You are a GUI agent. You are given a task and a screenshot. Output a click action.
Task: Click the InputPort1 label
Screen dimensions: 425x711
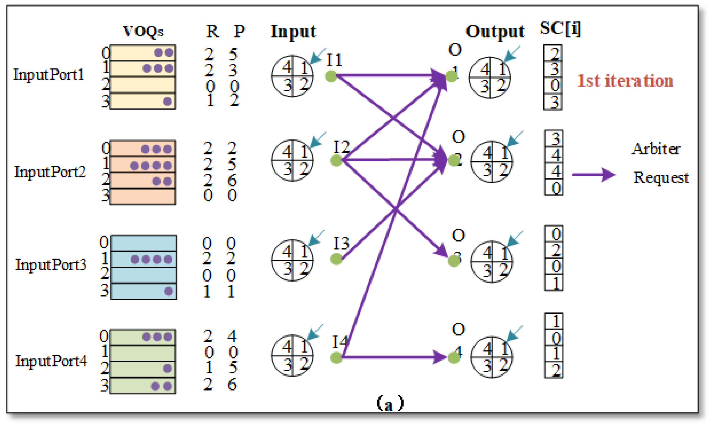click(49, 75)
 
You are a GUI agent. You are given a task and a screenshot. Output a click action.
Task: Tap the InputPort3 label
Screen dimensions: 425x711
click(51, 265)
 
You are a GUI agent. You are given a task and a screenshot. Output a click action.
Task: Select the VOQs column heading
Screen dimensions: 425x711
click(143, 31)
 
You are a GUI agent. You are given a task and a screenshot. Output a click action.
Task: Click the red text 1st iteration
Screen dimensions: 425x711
click(625, 81)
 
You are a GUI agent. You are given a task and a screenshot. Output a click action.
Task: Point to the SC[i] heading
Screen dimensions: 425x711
click(560, 29)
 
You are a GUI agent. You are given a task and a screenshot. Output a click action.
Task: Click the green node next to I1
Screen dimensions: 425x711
click(331, 76)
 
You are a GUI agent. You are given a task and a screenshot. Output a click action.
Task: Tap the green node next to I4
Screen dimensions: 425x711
click(336, 358)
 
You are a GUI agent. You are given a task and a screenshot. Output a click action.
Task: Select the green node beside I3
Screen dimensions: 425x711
click(336, 259)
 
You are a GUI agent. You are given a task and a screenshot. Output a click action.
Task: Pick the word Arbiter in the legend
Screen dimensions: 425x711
click(656, 149)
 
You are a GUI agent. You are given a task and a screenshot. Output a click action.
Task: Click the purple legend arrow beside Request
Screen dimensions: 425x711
click(594, 175)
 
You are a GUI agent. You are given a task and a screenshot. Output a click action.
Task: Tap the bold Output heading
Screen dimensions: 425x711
click(495, 32)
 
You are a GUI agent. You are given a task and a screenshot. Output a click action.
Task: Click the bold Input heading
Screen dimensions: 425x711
click(293, 32)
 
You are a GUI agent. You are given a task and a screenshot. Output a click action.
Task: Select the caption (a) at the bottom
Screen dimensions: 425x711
click(390, 404)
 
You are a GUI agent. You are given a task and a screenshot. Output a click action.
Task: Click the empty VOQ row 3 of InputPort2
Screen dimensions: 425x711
click(143, 196)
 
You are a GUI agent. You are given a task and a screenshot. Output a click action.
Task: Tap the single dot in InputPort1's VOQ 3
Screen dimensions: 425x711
click(167, 101)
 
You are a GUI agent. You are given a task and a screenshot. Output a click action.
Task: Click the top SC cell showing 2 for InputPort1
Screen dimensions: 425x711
click(553, 53)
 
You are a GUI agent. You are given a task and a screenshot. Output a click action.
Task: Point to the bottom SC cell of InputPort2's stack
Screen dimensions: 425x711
click(554, 188)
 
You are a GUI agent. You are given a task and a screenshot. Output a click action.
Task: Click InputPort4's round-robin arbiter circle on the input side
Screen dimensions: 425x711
click(292, 355)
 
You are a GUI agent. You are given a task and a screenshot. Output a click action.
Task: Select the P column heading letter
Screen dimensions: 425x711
click(239, 31)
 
